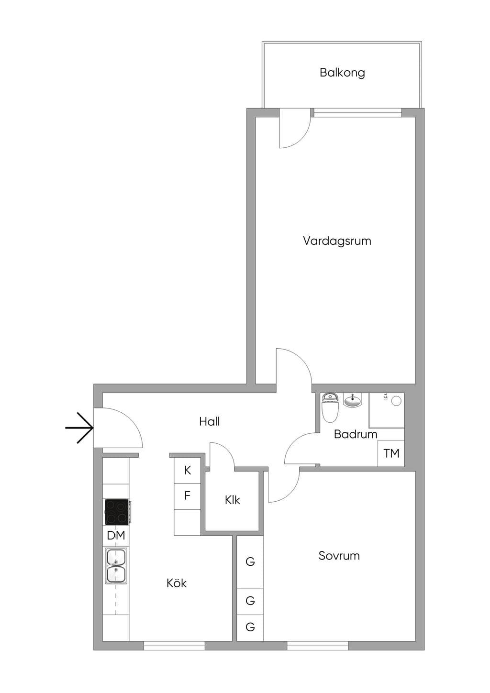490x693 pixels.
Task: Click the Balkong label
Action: click(342, 73)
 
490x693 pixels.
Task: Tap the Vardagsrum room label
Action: click(337, 241)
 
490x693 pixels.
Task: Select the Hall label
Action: click(210, 421)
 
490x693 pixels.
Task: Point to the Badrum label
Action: click(356, 434)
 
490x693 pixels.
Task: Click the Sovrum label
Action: click(339, 556)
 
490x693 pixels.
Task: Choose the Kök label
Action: click(177, 583)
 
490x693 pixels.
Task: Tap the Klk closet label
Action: click(233, 500)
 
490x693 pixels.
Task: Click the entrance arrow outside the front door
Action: click(79, 428)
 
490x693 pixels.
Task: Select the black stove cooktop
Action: click(117, 512)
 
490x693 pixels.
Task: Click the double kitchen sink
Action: click(116, 566)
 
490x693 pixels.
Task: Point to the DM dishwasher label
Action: click(116, 536)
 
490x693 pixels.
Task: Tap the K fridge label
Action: click(188, 471)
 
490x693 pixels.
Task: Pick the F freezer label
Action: click(187, 495)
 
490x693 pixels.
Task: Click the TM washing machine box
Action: click(391, 453)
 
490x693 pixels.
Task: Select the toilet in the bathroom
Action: click(331, 407)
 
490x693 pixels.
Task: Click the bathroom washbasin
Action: click(353, 400)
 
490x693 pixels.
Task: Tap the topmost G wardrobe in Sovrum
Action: click(250, 561)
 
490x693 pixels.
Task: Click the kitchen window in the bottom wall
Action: click(174, 645)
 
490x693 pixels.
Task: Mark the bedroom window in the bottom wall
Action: click(318, 645)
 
